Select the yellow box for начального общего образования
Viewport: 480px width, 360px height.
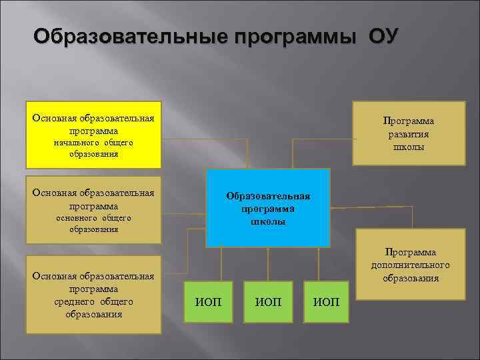click(x=93, y=135)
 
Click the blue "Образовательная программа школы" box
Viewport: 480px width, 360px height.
click(x=268, y=208)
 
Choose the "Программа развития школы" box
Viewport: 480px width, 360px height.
click(x=408, y=133)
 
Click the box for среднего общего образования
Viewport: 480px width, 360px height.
click(x=93, y=295)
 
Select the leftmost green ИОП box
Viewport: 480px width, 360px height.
click(x=208, y=303)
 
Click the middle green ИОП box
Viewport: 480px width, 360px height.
click(x=268, y=303)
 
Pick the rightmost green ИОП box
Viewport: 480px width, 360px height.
click(x=327, y=303)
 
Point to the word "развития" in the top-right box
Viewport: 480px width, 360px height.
click(x=409, y=134)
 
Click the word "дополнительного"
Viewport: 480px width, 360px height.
click(x=411, y=265)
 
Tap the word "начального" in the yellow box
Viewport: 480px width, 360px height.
click(x=76, y=143)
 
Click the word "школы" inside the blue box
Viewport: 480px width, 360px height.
click(x=268, y=221)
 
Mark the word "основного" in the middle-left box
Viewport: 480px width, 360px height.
click(x=76, y=218)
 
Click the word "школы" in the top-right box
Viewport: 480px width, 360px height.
click(x=409, y=147)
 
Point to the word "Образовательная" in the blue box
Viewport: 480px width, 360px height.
click(x=268, y=196)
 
